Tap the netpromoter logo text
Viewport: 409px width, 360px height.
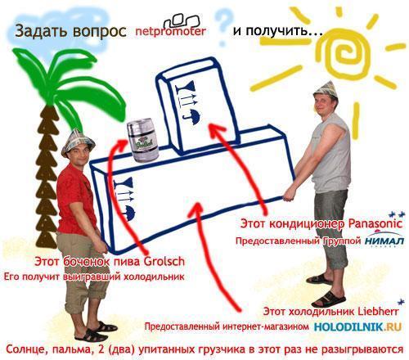tap(171, 31)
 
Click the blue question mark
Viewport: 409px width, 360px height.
tap(222, 27)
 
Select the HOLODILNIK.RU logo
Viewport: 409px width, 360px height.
tap(358, 326)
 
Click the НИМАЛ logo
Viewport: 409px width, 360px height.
tap(384, 240)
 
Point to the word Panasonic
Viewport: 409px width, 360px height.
tap(375, 224)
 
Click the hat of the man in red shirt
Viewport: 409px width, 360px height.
tap(78, 142)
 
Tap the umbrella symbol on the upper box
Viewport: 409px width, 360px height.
tap(193, 117)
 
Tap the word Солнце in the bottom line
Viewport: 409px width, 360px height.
tap(27, 349)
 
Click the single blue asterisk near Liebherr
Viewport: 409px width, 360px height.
tap(401, 302)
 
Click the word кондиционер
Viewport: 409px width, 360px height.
tap(307, 224)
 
